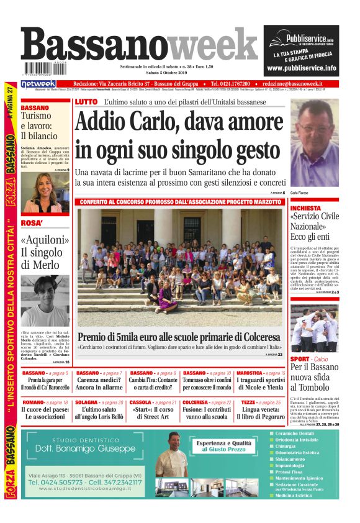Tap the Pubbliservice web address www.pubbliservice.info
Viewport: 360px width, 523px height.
[301, 68]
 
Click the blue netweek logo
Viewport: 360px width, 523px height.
[38, 84]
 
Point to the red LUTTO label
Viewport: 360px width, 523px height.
[86, 102]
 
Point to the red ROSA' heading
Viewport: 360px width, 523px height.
[32, 223]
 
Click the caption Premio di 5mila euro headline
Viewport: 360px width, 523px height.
[180, 336]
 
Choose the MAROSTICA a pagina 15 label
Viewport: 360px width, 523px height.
[261, 373]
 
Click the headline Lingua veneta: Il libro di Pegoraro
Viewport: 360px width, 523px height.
[261, 415]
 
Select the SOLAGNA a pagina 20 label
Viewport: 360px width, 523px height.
[99, 402]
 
